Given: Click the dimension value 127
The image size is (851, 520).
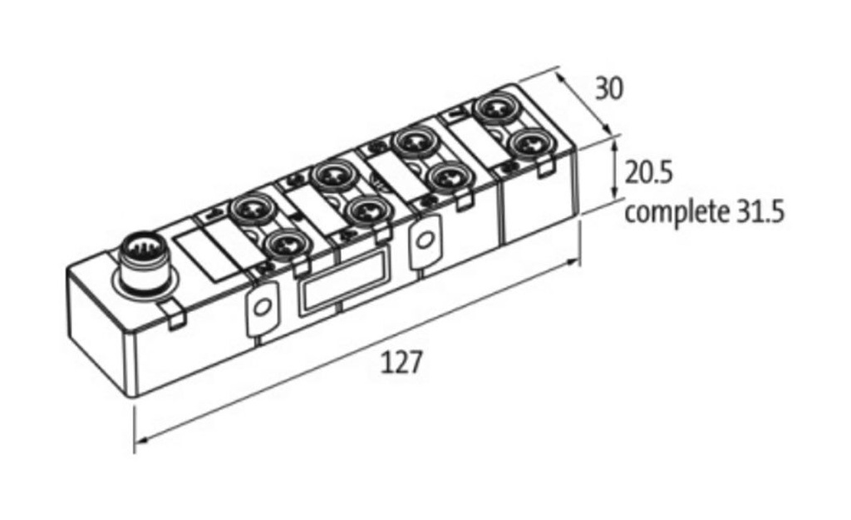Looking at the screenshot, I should [402, 363].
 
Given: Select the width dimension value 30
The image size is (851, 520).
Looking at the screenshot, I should [609, 88].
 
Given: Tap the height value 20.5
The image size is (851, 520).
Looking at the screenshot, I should [648, 173].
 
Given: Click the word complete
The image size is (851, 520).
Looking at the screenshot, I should [676, 212].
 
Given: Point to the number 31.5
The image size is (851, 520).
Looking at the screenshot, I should [760, 212].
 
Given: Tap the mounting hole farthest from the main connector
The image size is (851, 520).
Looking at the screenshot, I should [425, 241].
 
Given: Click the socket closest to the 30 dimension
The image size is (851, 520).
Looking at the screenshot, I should [492, 110].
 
